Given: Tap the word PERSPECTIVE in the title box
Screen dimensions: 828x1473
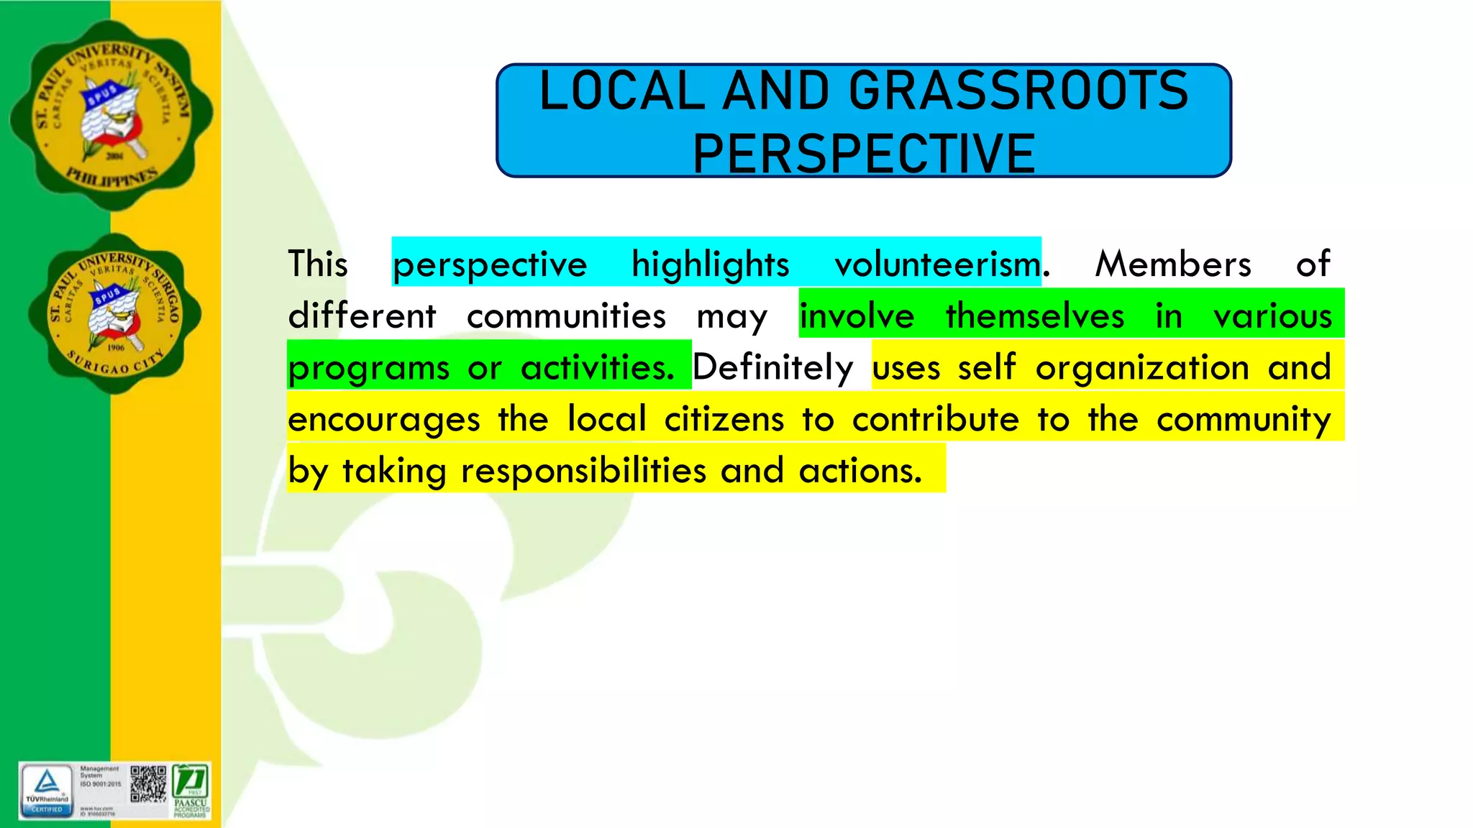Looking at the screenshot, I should point(864,154).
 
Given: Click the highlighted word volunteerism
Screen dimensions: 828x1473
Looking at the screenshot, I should point(937,264).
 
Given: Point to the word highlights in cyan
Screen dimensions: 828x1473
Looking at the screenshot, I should point(711,264).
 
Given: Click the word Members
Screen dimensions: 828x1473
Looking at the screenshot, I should point(1173,264).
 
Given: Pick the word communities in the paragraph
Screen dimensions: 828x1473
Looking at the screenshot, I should point(566,316).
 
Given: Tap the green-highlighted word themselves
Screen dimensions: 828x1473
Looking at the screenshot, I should point(1035,316).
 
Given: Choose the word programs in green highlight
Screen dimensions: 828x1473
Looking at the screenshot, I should point(369,368).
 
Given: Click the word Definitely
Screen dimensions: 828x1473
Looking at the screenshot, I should point(772,368).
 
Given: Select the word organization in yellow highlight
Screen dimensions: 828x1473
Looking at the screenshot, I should point(1142,368).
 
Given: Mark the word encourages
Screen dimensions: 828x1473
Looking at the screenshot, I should point(384,420).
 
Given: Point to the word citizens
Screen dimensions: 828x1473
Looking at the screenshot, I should point(724,420).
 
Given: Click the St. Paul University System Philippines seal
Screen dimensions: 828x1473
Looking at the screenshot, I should point(111,115).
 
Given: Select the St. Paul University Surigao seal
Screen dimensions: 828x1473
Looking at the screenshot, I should point(115,314).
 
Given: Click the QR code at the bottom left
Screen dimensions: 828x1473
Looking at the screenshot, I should point(148,784).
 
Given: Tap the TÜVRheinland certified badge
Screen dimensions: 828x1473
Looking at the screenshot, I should point(47,791).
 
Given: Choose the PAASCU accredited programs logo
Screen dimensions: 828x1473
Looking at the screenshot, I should point(191,791).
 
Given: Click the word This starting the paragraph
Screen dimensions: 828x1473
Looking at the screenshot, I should point(318,264).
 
